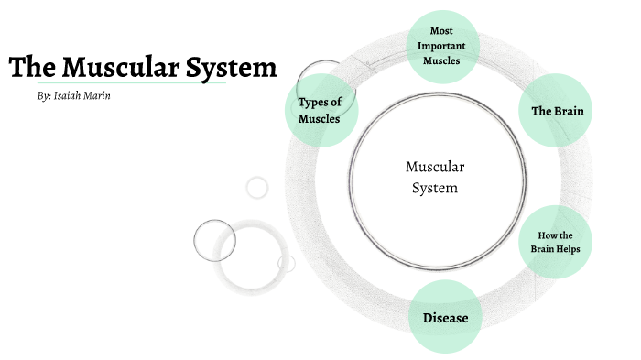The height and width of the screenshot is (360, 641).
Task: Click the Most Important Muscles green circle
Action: (442, 46)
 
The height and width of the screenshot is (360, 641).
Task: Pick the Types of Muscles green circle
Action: (320, 111)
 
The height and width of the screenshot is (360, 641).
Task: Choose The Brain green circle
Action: (557, 111)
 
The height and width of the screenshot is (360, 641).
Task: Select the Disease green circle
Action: (445, 319)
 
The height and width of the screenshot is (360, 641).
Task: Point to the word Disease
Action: (445, 319)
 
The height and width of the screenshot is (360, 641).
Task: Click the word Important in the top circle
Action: (442, 46)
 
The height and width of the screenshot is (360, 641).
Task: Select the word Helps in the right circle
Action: (567, 249)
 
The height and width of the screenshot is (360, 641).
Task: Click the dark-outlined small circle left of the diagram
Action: (215, 241)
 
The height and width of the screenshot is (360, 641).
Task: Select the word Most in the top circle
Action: (442, 31)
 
